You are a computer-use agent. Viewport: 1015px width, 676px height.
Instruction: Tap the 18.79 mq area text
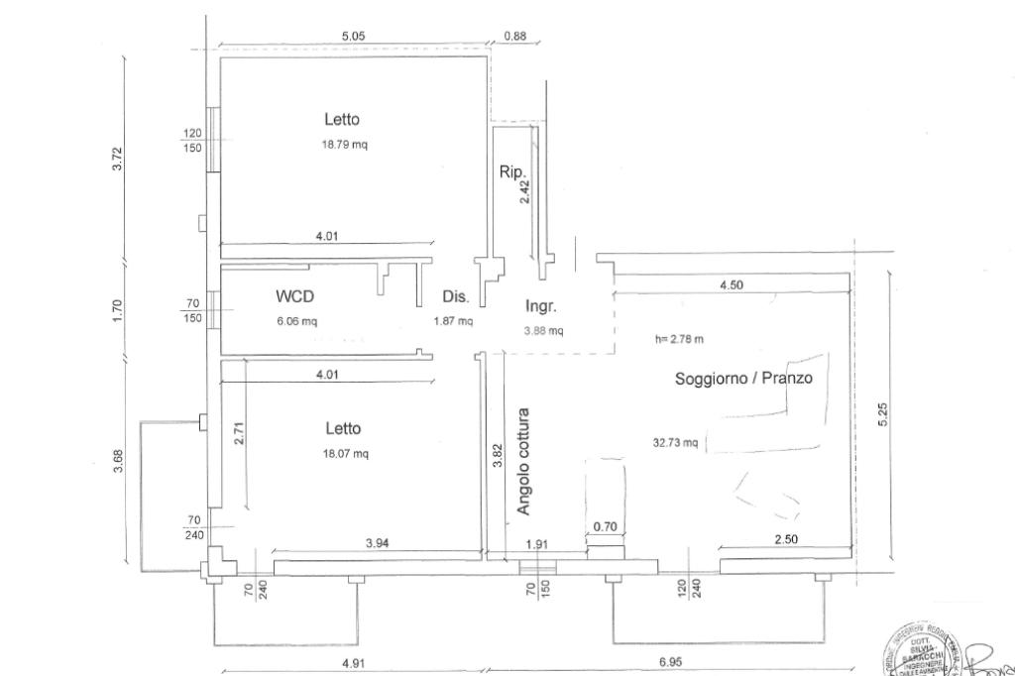tap(342, 144)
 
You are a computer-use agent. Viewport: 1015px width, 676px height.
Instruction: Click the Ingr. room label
tap(542, 306)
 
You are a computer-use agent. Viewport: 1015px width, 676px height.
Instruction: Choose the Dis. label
tap(455, 296)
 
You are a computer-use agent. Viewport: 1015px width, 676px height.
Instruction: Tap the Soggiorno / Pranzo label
tap(748, 378)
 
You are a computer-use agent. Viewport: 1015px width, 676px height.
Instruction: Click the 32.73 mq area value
tap(675, 443)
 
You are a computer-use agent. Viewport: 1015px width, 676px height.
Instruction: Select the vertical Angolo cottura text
tap(524, 462)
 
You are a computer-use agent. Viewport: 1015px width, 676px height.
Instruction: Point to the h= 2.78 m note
tap(679, 339)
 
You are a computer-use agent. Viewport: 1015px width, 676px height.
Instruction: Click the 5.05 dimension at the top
tap(354, 37)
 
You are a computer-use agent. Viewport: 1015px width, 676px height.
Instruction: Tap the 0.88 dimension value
tap(515, 37)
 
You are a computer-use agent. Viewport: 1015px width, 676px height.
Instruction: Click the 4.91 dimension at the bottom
tap(354, 663)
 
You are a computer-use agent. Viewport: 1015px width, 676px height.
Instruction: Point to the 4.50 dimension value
tap(732, 285)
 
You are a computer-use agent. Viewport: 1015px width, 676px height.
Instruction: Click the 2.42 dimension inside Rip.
tap(525, 189)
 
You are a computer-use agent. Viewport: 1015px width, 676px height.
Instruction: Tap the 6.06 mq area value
tap(297, 321)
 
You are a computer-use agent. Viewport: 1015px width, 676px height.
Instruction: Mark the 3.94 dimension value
tap(378, 542)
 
